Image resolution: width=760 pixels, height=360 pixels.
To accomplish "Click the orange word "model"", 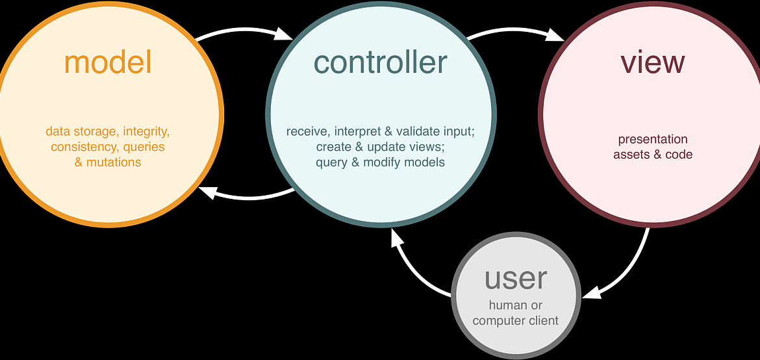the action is click(108, 62).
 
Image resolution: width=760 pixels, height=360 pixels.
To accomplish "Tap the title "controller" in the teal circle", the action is click(381, 62).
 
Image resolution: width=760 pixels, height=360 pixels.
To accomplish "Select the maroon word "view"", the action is click(652, 62).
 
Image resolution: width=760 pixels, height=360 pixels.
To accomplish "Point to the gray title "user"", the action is click(516, 279).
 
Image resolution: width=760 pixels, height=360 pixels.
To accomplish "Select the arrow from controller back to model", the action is click(247, 196).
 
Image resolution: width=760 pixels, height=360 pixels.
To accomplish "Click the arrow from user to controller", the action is click(412, 271).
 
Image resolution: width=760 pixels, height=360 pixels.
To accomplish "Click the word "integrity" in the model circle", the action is click(146, 131).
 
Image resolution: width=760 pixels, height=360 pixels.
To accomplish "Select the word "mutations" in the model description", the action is click(114, 162).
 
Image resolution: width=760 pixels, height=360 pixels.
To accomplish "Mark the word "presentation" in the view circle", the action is click(653, 140).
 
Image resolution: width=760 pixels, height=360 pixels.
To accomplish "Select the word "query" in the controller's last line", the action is click(331, 163).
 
